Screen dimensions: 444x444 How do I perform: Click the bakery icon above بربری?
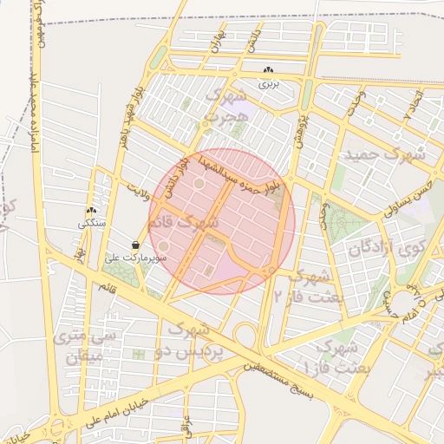pyautogui.click(x=268, y=70)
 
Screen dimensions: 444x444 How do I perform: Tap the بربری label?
pyautogui.click(x=268, y=84)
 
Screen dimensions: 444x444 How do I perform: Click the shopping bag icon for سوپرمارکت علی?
pyautogui.click(x=136, y=245)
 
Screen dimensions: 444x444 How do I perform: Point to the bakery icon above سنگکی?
pyautogui.click(x=91, y=210)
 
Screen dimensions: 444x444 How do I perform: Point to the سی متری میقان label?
pyautogui.click(x=80, y=345)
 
